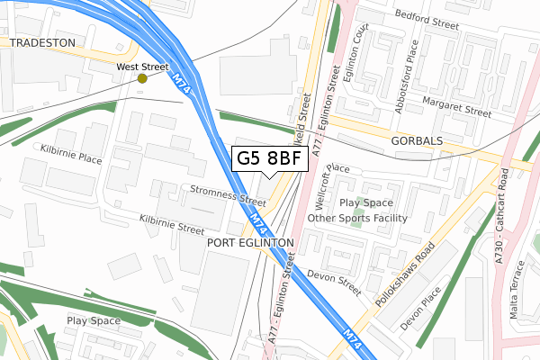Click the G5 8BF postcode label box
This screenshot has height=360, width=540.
click(x=269, y=159)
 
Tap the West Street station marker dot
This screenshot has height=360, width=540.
click(x=142, y=78)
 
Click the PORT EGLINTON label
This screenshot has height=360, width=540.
click(x=250, y=243)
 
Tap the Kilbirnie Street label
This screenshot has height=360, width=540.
click(x=172, y=223)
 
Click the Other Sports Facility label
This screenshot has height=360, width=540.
click(x=357, y=218)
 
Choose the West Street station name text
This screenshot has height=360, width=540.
click(x=142, y=67)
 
